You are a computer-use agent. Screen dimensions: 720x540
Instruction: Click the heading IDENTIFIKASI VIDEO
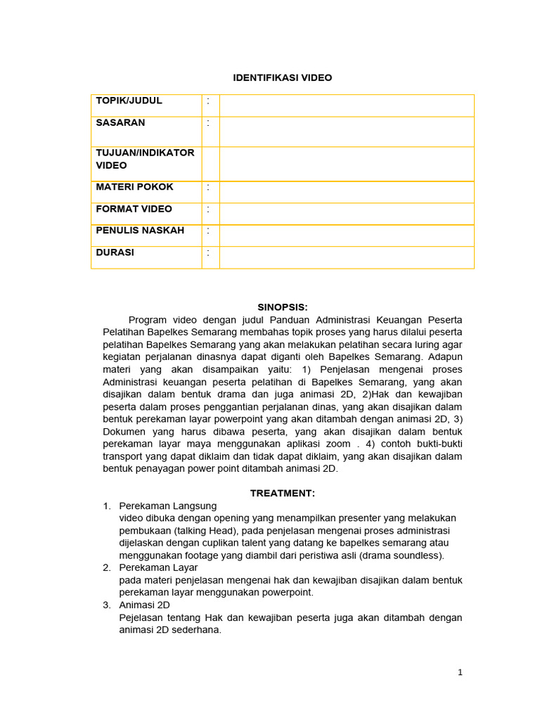pos(282,78)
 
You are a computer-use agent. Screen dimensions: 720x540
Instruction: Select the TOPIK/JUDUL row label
pos(129,101)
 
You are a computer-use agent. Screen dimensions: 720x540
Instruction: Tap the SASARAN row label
pos(120,122)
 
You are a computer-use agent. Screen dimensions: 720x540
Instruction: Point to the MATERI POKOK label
pos(134,187)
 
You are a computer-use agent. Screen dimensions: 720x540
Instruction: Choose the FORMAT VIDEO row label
pos(134,209)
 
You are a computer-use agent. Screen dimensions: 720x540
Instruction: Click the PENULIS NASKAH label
pos(140,231)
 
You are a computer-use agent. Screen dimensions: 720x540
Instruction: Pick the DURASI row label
pos(115,252)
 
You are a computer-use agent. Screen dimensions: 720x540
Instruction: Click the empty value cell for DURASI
pos(347,257)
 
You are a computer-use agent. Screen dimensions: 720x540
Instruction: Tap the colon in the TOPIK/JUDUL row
pos(208,101)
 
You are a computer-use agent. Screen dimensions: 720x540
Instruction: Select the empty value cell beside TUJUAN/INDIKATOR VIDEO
pos(347,164)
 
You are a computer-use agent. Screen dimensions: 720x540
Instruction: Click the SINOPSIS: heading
pos(282,307)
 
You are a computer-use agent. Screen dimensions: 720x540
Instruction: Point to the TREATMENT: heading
pos(282,494)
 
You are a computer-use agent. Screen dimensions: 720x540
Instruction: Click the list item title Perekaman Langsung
pos(168,506)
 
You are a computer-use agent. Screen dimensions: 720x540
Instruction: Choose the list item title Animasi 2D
pos(144,605)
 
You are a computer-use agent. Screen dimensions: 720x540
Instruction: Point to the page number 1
pos(460,672)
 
